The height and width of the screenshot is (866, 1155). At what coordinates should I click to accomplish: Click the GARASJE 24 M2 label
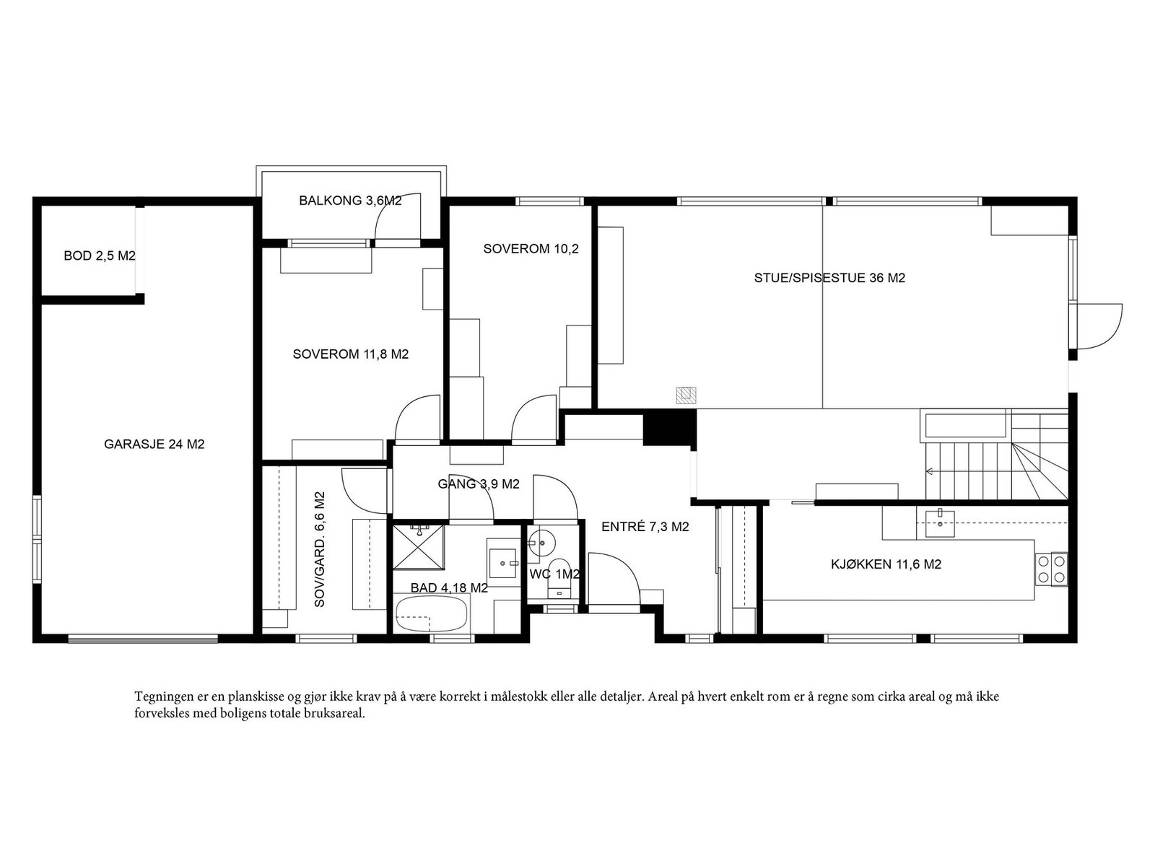pos(154,445)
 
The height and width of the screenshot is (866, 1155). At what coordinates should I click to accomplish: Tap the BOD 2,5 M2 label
pos(100,256)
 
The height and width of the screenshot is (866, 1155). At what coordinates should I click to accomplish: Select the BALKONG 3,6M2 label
pos(350,201)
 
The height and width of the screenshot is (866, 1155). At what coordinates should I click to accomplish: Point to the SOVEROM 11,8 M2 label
pos(350,354)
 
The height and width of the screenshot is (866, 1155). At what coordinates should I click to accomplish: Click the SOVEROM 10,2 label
pos(531,249)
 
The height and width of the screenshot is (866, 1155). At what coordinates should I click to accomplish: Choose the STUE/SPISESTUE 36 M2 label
pos(830,278)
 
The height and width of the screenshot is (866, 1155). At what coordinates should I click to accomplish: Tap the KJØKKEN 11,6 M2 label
pos(886,565)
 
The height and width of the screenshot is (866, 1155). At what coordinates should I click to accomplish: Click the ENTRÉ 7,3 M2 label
pos(645,527)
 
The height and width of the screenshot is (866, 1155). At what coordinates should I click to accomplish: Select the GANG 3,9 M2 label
pos(479,484)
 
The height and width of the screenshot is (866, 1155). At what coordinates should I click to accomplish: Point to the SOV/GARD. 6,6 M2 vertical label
pos(319,549)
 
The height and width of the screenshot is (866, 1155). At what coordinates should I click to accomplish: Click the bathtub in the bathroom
pos(431,614)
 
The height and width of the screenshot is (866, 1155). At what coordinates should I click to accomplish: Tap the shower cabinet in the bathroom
pos(419,547)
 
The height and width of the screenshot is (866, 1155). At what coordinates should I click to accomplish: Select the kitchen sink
pos(939,522)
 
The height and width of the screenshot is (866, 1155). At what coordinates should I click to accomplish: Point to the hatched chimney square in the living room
pos(687,395)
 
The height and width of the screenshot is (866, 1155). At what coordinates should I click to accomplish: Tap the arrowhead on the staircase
pos(930,471)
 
